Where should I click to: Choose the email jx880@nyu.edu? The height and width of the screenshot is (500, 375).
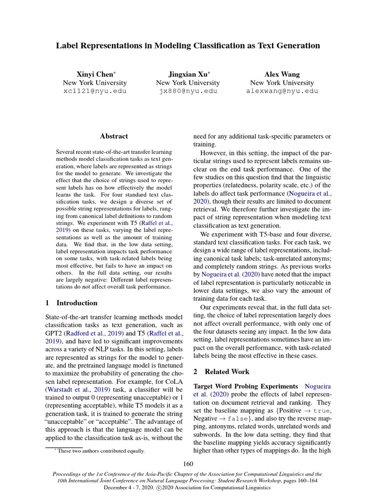coord(188,91)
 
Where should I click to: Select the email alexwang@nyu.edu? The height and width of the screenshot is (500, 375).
coord(282,91)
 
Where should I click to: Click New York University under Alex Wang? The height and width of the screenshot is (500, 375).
coord(282,83)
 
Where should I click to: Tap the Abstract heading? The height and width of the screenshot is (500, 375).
coord(114,136)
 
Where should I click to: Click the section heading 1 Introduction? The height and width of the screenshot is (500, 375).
coord(71,303)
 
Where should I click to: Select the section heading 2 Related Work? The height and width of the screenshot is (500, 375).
coord(223,372)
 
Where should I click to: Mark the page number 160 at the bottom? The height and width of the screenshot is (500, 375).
coord(188,463)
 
